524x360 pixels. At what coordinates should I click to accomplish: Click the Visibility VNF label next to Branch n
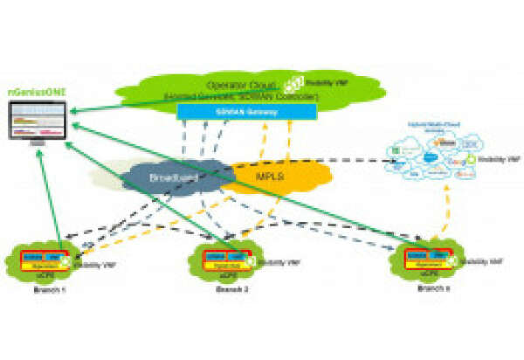click(x=484, y=260)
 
